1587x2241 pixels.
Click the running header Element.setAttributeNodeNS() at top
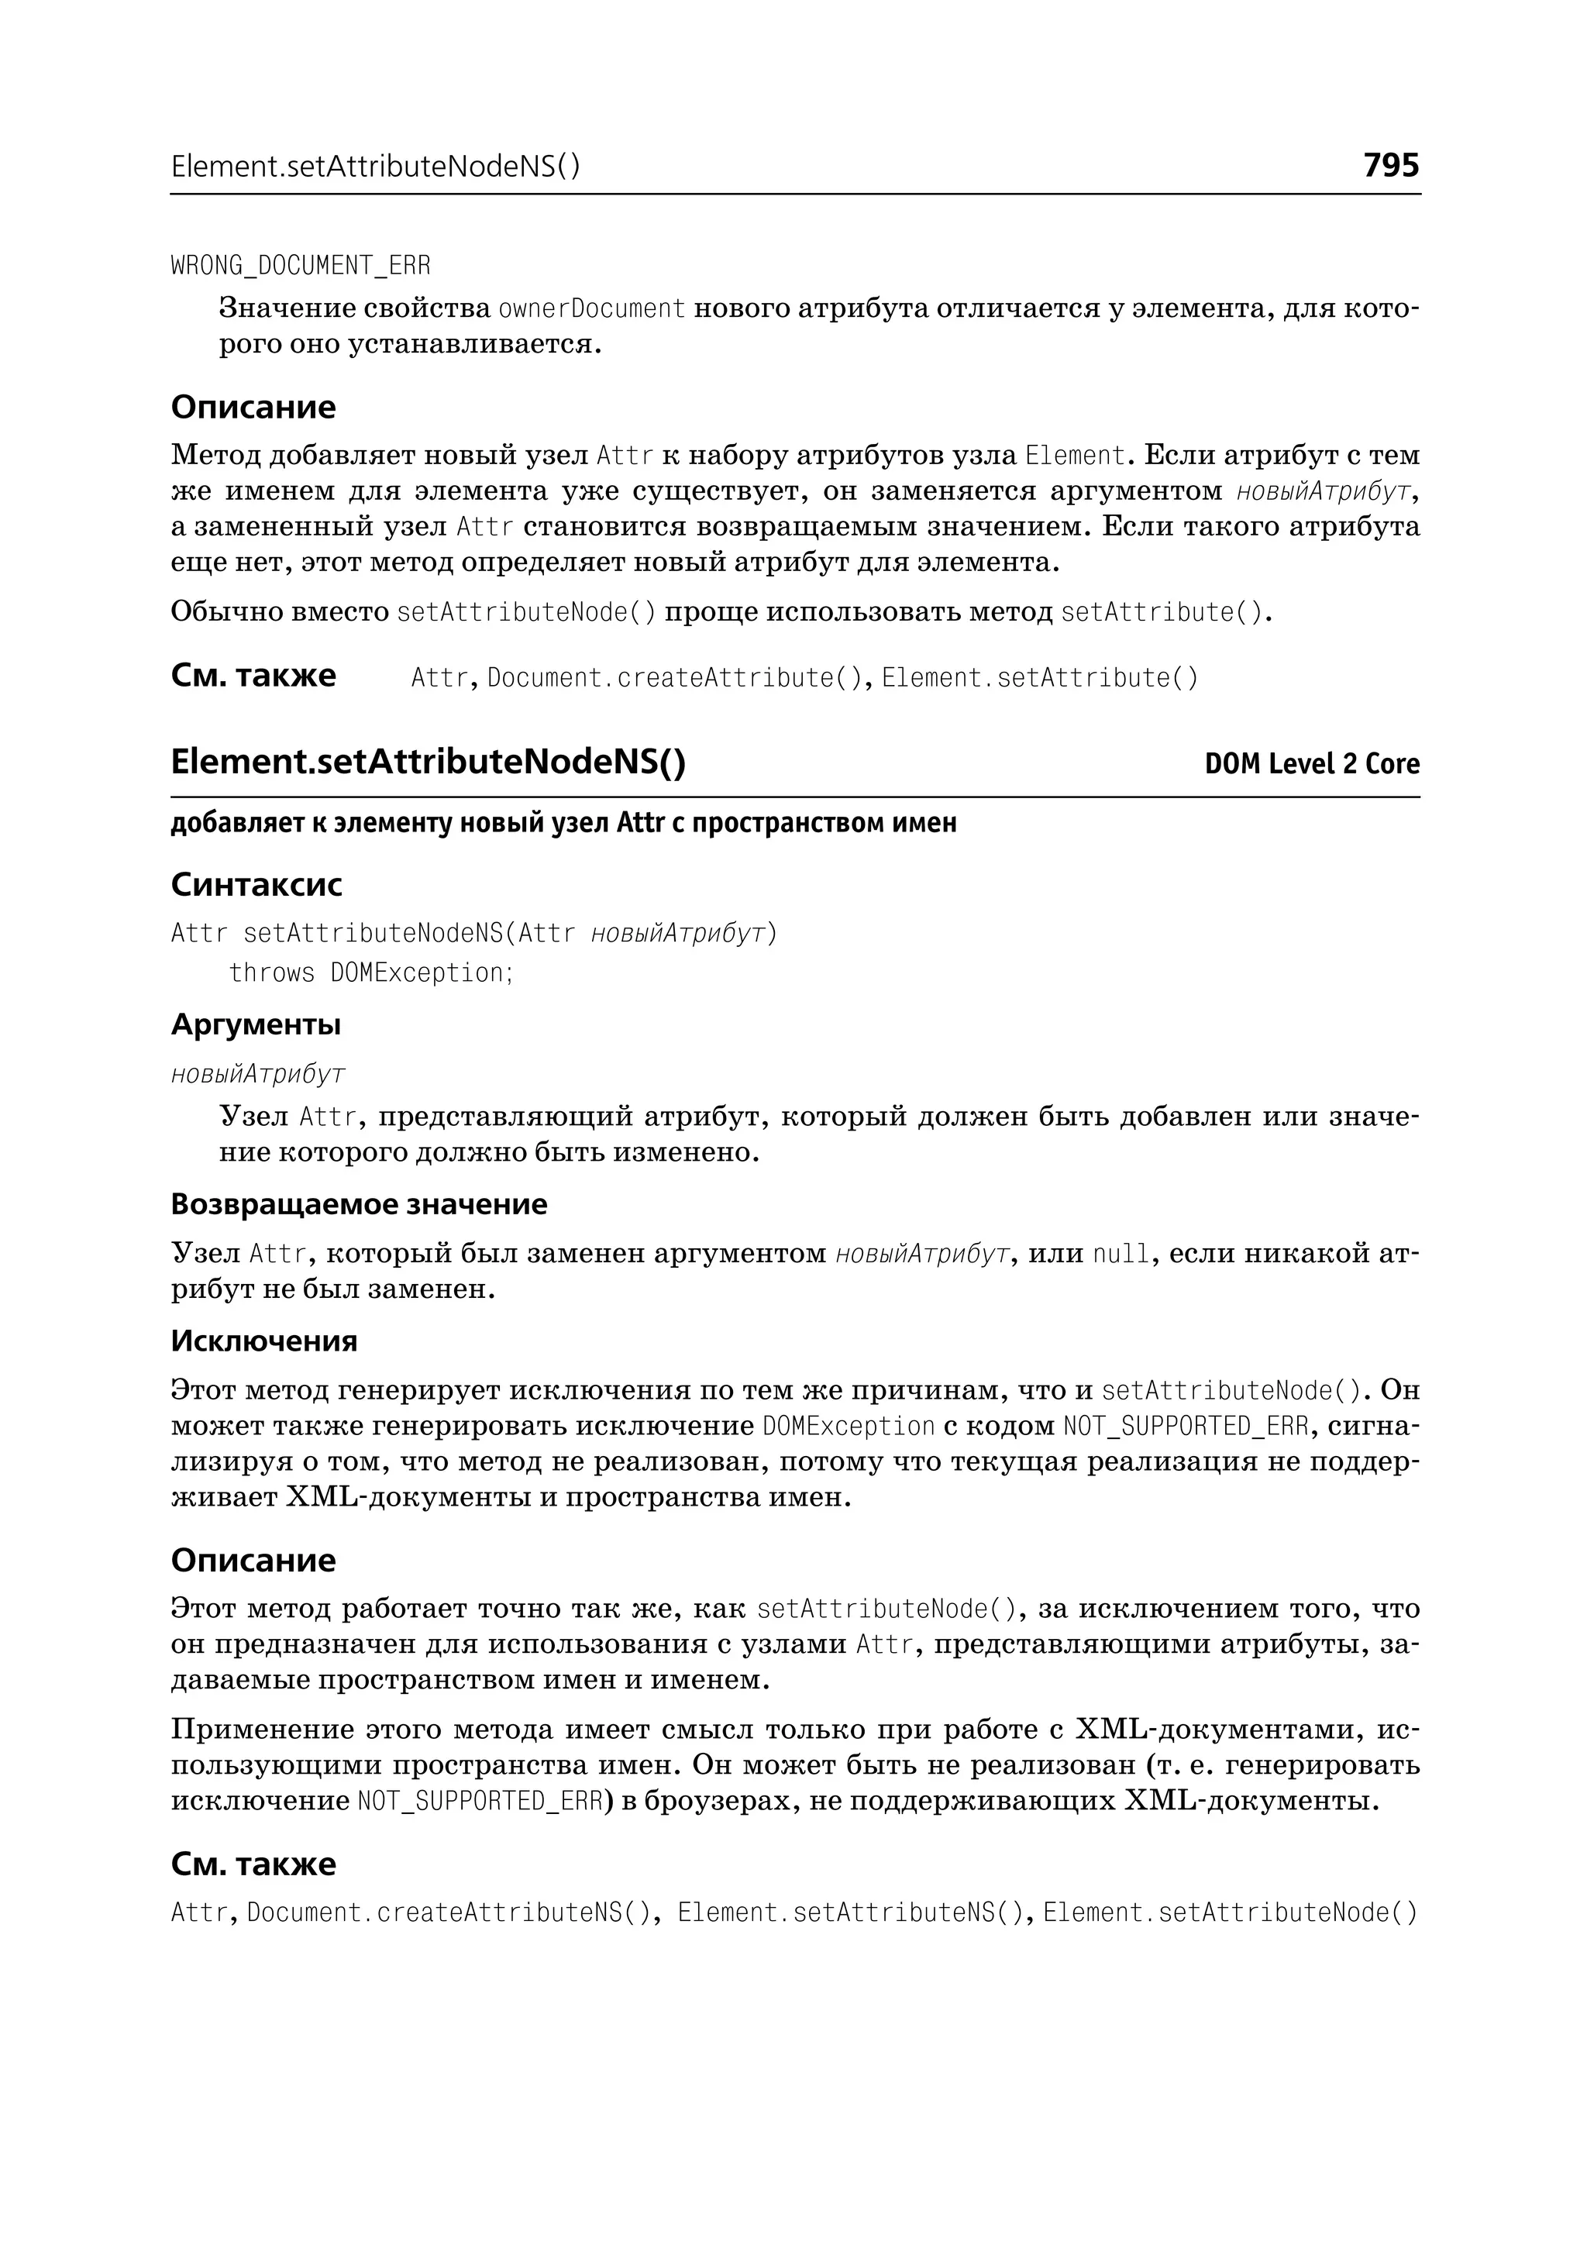[x=375, y=167]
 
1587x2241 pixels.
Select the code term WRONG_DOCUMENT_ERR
[x=300, y=266]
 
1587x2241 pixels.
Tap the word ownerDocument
[x=591, y=309]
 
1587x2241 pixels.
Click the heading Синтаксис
[x=256, y=884]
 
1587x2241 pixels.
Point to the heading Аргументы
[x=255, y=1024]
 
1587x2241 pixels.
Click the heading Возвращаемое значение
[x=359, y=1204]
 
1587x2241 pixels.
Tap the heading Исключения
[x=263, y=1341]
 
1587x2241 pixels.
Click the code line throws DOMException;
[x=371, y=973]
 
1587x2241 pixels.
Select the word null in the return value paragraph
[x=1120, y=1254]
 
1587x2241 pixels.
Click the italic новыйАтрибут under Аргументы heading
[x=258, y=1074]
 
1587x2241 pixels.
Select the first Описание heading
[x=253, y=407]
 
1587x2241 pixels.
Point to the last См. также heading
[x=253, y=1864]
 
